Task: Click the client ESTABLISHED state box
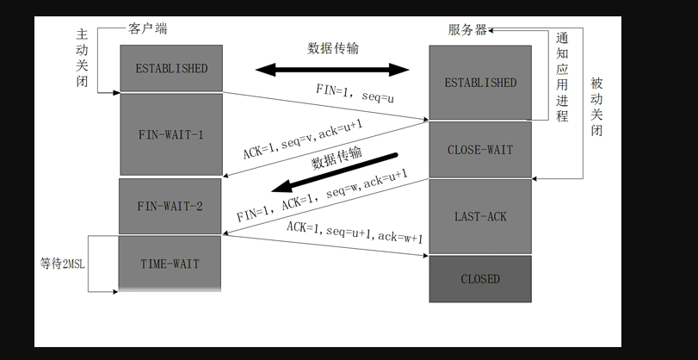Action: point(171,68)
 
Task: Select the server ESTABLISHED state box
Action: point(480,83)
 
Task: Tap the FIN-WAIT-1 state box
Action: point(170,135)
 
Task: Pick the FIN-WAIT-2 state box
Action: point(170,206)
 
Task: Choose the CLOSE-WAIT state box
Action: point(480,150)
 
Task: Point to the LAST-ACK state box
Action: point(480,216)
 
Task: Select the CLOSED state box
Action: point(480,279)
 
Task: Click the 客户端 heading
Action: point(149,28)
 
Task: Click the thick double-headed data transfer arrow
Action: point(331,69)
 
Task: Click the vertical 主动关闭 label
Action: point(83,57)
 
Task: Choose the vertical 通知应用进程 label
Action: point(562,78)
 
